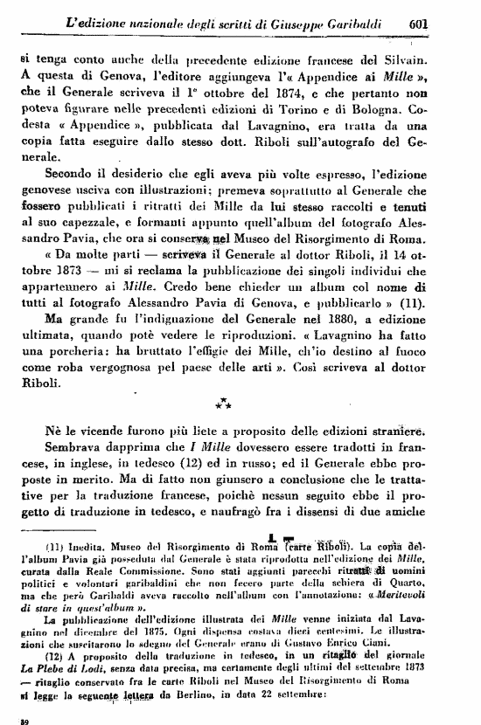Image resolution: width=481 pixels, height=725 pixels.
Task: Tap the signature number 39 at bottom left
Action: (24, 720)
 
